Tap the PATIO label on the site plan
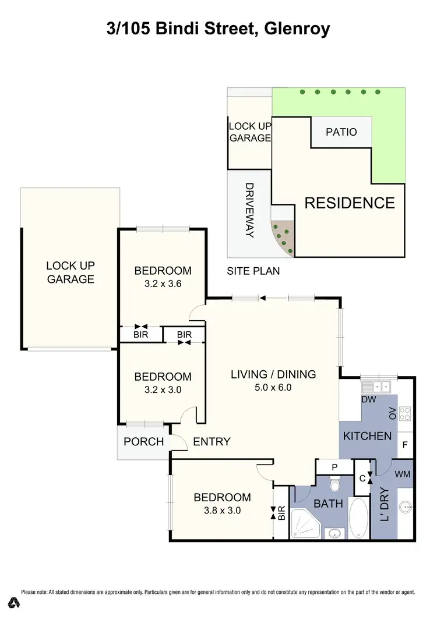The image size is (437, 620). (x=341, y=132)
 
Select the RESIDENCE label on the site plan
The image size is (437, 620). (x=350, y=203)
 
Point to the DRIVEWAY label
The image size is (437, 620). (x=249, y=210)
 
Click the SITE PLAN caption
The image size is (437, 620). (x=253, y=271)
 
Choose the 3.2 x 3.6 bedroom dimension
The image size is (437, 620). (x=163, y=285)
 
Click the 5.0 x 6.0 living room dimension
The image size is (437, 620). (x=273, y=388)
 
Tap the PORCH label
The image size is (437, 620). (x=144, y=441)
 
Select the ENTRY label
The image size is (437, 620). (x=212, y=442)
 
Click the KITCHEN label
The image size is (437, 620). (x=366, y=436)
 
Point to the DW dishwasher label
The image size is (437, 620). (x=368, y=400)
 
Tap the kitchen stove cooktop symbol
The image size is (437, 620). (x=406, y=414)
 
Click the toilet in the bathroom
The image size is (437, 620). (x=335, y=484)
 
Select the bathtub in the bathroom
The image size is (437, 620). (x=360, y=518)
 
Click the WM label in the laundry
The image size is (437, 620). (x=403, y=474)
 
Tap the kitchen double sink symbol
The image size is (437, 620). (x=378, y=385)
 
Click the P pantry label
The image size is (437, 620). (x=334, y=467)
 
